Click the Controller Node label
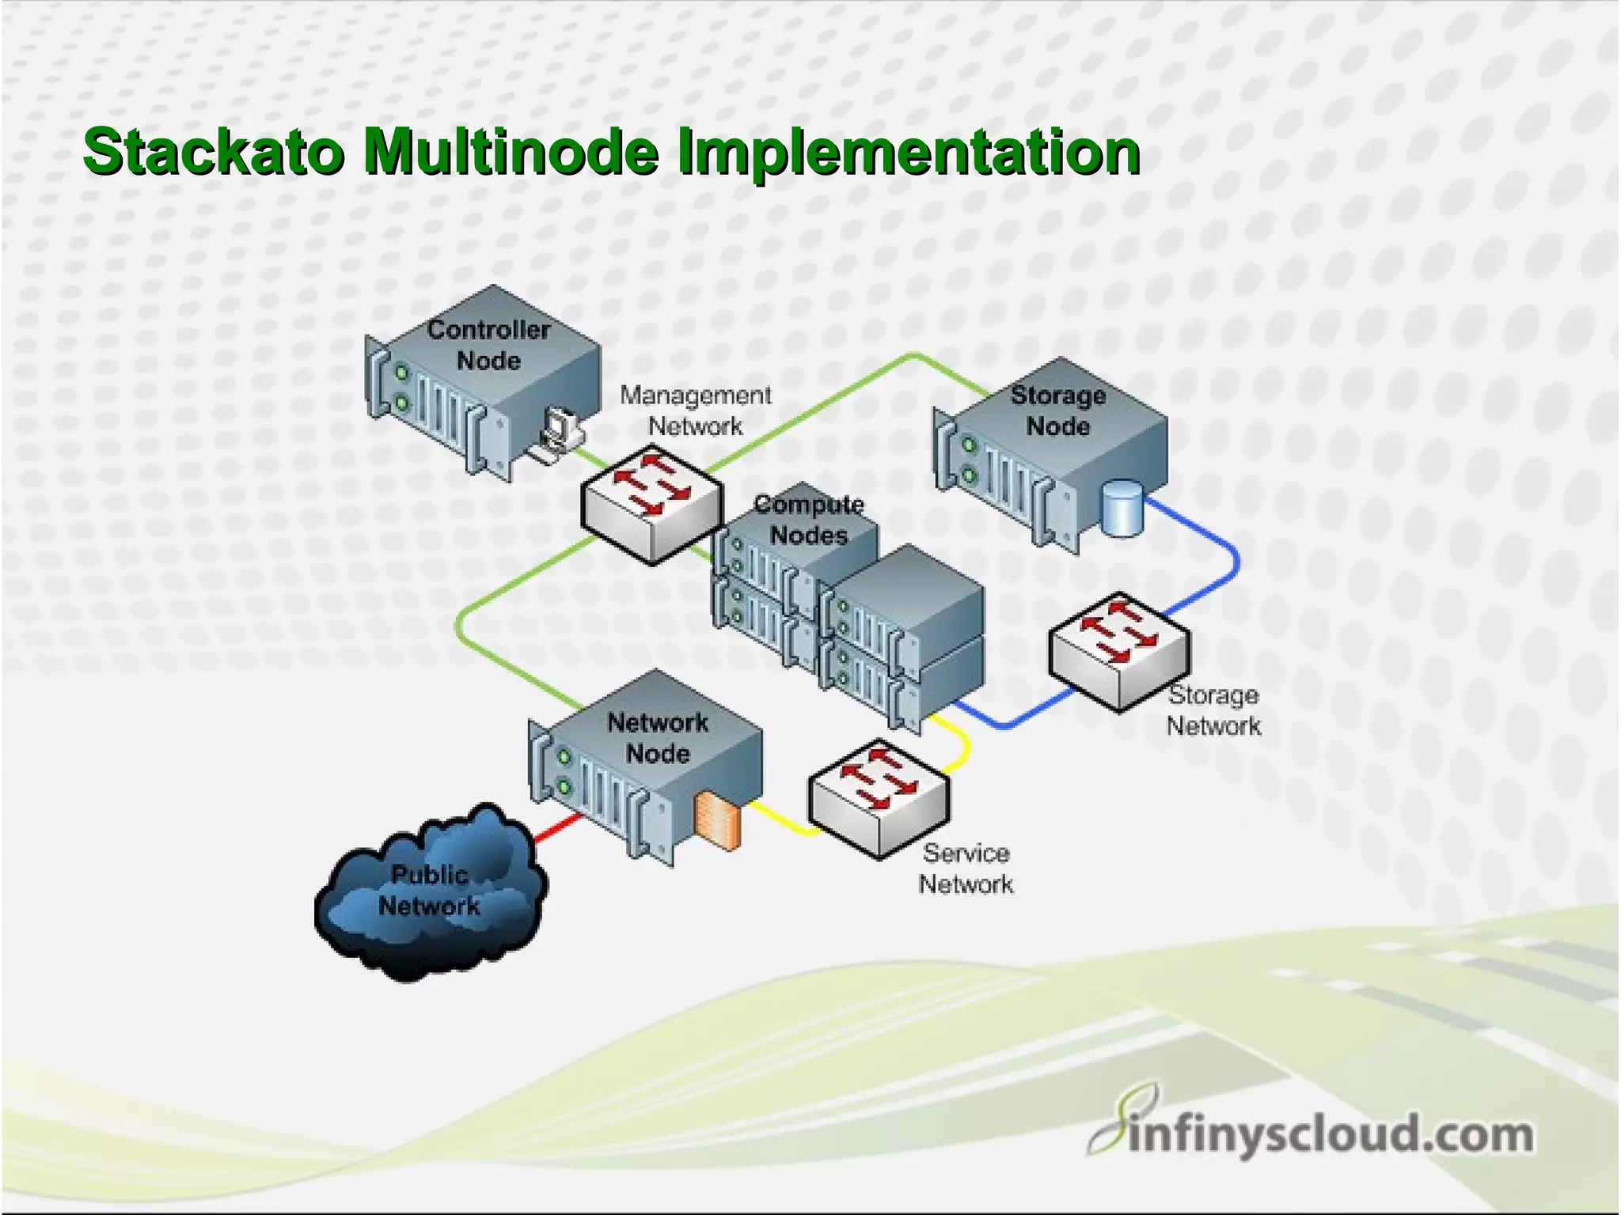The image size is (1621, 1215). pyautogui.click(x=488, y=345)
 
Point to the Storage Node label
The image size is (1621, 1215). pyautogui.click(x=1057, y=411)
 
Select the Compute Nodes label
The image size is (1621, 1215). pyautogui.click(x=808, y=520)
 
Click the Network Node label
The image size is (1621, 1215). pyautogui.click(x=658, y=737)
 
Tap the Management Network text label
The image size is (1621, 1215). pyautogui.click(x=695, y=411)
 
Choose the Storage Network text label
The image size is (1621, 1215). pyautogui.click(x=1213, y=710)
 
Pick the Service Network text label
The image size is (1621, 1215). pyautogui.click(x=966, y=869)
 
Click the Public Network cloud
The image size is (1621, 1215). pyautogui.click(x=430, y=894)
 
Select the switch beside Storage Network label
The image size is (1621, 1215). pyautogui.click(x=1119, y=652)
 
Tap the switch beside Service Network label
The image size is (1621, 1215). pyautogui.click(x=879, y=797)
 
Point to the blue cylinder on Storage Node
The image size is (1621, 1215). pyautogui.click(x=1122, y=509)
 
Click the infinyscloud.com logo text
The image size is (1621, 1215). pyautogui.click(x=1330, y=1134)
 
